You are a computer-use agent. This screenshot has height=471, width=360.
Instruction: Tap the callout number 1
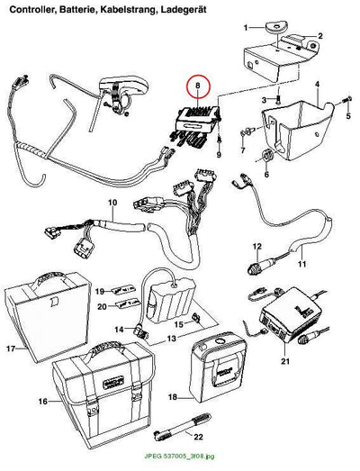[246, 28]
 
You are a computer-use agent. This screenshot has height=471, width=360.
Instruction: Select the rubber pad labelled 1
[275, 27]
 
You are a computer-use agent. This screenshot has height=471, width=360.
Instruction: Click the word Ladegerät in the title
[184, 10]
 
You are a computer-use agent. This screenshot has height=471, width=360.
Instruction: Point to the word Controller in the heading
[33, 10]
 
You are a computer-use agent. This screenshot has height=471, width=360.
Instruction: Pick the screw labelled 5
[348, 99]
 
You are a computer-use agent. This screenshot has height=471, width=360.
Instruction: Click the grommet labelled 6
[266, 155]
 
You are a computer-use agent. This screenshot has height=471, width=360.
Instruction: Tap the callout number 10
[112, 203]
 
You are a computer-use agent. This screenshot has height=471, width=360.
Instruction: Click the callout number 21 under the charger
[285, 360]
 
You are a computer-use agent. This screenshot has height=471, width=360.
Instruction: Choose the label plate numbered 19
[122, 290]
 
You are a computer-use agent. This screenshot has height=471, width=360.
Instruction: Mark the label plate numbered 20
[128, 303]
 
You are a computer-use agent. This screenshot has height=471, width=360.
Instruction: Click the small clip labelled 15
[196, 317]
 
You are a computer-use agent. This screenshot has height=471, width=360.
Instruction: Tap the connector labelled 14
[141, 331]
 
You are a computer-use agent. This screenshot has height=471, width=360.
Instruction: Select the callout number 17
[11, 349]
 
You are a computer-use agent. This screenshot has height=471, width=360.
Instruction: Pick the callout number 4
[318, 85]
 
